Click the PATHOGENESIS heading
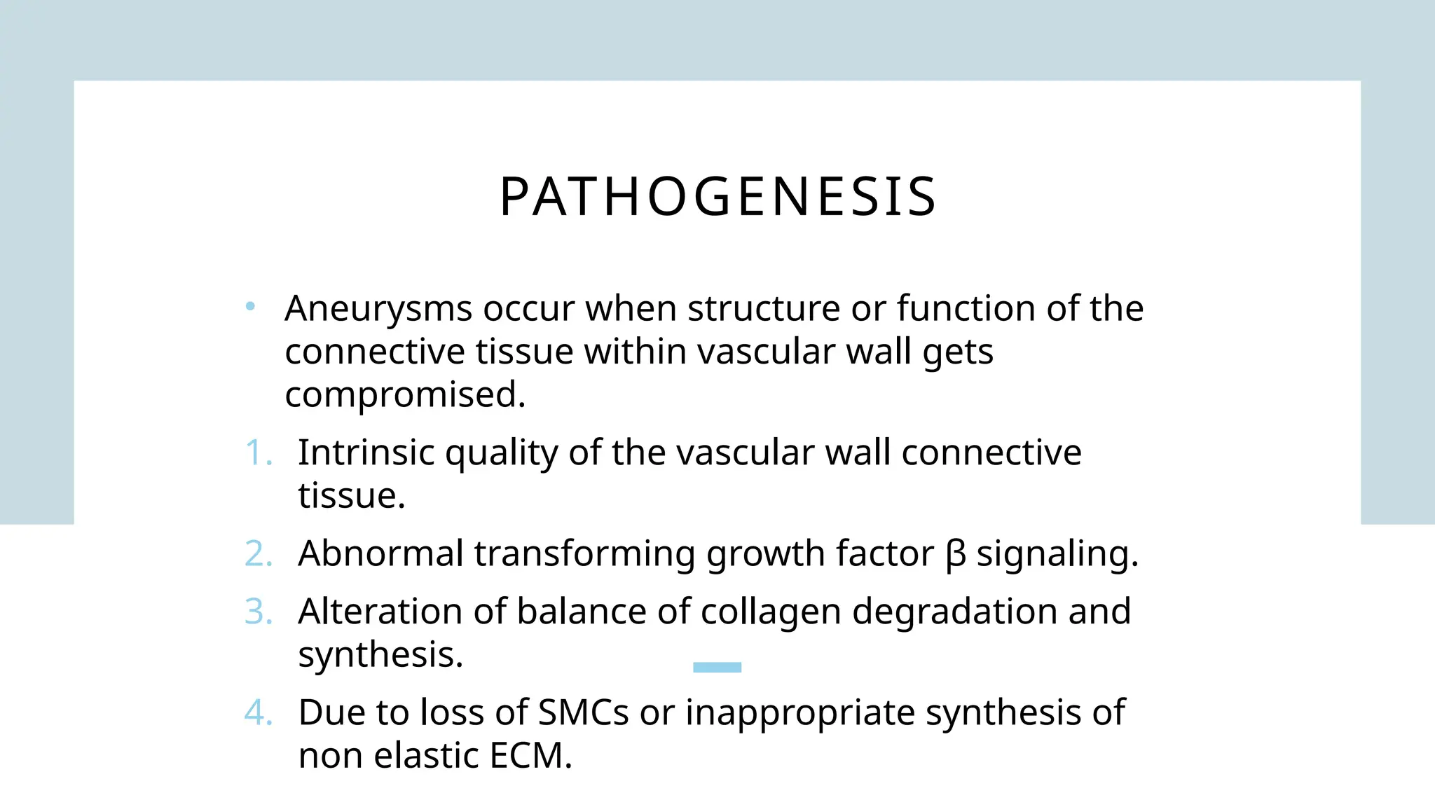(x=717, y=197)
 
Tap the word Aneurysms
(x=378, y=309)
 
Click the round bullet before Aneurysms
(x=250, y=306)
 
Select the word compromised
(x=404, y=395)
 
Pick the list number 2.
(x=257, y=553)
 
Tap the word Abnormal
(x=380, y=553)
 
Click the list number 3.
(x=257, y=612)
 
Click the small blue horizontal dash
(x=717, y=667)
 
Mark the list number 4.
(x=257, y=712)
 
